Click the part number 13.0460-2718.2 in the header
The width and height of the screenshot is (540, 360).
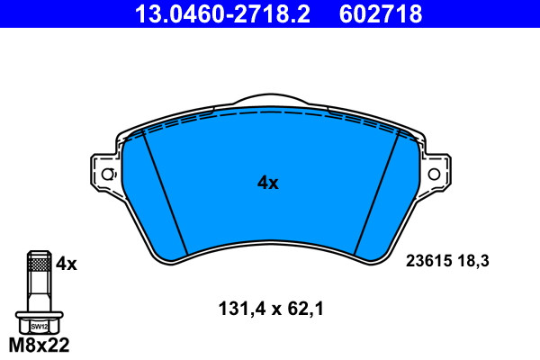click(222, 13)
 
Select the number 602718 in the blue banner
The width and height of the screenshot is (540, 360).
click(381, 13)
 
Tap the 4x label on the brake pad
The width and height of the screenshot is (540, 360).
click(268, 183)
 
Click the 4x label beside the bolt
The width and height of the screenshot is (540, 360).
click(67, 264)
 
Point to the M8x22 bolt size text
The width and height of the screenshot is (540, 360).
click(39, 345)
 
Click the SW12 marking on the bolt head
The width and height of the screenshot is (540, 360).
click(40, 327)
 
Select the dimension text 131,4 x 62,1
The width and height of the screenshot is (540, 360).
click(271, 309)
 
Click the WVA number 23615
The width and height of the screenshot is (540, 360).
click(428, 261)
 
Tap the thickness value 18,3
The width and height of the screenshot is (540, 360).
click(473, 261)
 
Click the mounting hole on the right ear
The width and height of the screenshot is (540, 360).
click(434, 174)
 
